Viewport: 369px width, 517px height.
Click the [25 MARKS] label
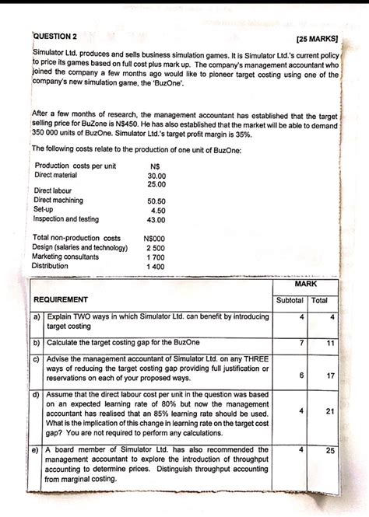point(318,38)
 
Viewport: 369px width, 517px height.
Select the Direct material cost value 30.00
point(156,176)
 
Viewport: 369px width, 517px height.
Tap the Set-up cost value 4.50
point(158,210)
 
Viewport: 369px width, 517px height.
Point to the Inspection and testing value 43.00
point(156,220)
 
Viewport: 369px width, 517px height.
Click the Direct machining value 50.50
point(156,201)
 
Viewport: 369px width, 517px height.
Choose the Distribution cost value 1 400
point(156,267)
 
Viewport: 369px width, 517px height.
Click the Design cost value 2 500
point(156,247)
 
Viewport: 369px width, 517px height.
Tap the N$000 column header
point(154,238)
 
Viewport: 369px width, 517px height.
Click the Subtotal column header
point(290,300)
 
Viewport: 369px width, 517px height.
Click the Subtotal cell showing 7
point(300,342)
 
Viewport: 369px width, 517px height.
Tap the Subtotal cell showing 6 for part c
point(300,376)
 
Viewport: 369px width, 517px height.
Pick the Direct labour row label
point(53,190)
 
